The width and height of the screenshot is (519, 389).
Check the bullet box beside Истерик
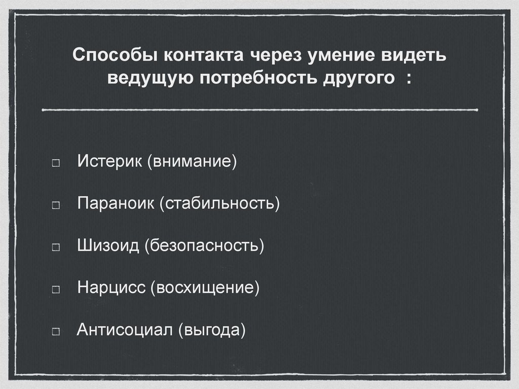click(x=56, y=164)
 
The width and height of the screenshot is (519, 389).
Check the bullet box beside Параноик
click(x=56, y=206)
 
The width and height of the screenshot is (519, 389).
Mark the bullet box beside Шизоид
click(x=56, y=248)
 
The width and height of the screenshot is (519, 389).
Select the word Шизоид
click(x=108, y=246)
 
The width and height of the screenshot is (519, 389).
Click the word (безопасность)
click(x=205, y=246)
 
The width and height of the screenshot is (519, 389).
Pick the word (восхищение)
click(x=205, y=288)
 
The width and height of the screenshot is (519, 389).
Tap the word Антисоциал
click(x=125, y=330)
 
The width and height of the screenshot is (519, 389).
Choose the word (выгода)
click(x=212, y=330)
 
